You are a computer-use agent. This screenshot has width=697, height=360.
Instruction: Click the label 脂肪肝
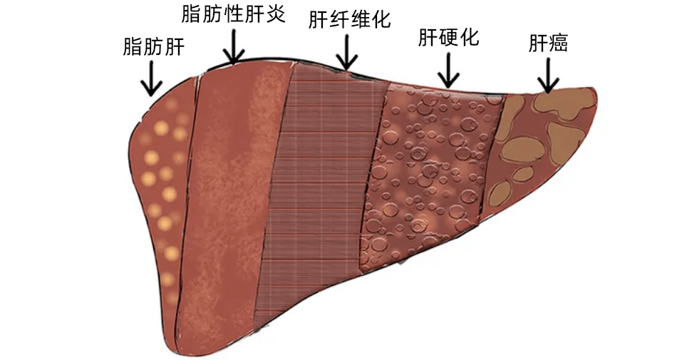pos(154,47)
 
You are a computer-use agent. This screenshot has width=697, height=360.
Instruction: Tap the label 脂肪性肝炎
pos(233,15)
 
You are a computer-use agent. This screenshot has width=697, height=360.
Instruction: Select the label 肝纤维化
pos(349,19)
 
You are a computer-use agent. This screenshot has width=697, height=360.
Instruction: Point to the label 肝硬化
pos(448,38)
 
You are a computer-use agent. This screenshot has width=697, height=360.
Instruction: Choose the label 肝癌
pos(548,43)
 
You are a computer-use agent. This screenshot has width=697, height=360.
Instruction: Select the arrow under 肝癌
pos(548,75)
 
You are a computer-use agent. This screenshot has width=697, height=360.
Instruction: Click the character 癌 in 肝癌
pos(558,43)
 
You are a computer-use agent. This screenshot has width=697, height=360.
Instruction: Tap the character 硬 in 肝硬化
pos(448,38)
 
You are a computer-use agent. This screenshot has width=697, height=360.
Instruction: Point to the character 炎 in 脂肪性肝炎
pos(276,15)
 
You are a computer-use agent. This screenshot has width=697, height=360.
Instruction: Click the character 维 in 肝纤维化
pos(360,19)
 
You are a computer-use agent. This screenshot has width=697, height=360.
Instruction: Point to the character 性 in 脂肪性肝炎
pos(233,15)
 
